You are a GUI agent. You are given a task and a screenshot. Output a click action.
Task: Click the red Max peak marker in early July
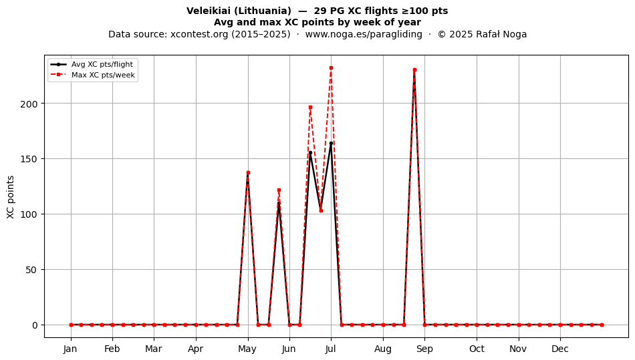[331, 68]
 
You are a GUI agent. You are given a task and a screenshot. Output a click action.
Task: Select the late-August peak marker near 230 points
[414, 70]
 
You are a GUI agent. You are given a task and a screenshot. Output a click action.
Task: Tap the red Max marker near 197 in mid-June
[310, 108]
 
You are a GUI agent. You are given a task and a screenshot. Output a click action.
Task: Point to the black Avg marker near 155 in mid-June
[310, 153]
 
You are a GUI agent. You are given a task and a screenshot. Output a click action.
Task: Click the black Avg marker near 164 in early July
[331, 143]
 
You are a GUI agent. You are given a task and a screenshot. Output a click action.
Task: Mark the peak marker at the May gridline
[248, 173]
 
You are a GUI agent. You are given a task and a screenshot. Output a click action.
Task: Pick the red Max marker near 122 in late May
[279, 190]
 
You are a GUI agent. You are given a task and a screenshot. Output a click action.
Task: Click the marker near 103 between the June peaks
[321, 211]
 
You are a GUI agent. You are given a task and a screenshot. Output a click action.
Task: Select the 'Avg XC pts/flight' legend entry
[92, 64]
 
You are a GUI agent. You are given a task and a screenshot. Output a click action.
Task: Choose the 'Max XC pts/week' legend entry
[92, 75]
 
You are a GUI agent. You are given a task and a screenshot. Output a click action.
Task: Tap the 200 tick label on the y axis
[29, 104]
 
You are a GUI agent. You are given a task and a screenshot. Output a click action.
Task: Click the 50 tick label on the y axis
[31, 270]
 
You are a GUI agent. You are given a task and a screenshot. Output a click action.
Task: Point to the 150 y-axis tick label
[29, 159]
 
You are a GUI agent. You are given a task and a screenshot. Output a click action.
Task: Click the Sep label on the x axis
[424, 349]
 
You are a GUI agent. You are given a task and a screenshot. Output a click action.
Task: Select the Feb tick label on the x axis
[112, 349]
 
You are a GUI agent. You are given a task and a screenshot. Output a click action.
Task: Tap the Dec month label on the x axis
[560, 349]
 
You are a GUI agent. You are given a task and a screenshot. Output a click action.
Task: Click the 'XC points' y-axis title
[11, 197]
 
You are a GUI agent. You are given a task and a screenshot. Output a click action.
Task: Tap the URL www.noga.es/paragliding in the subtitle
[364, 34]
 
